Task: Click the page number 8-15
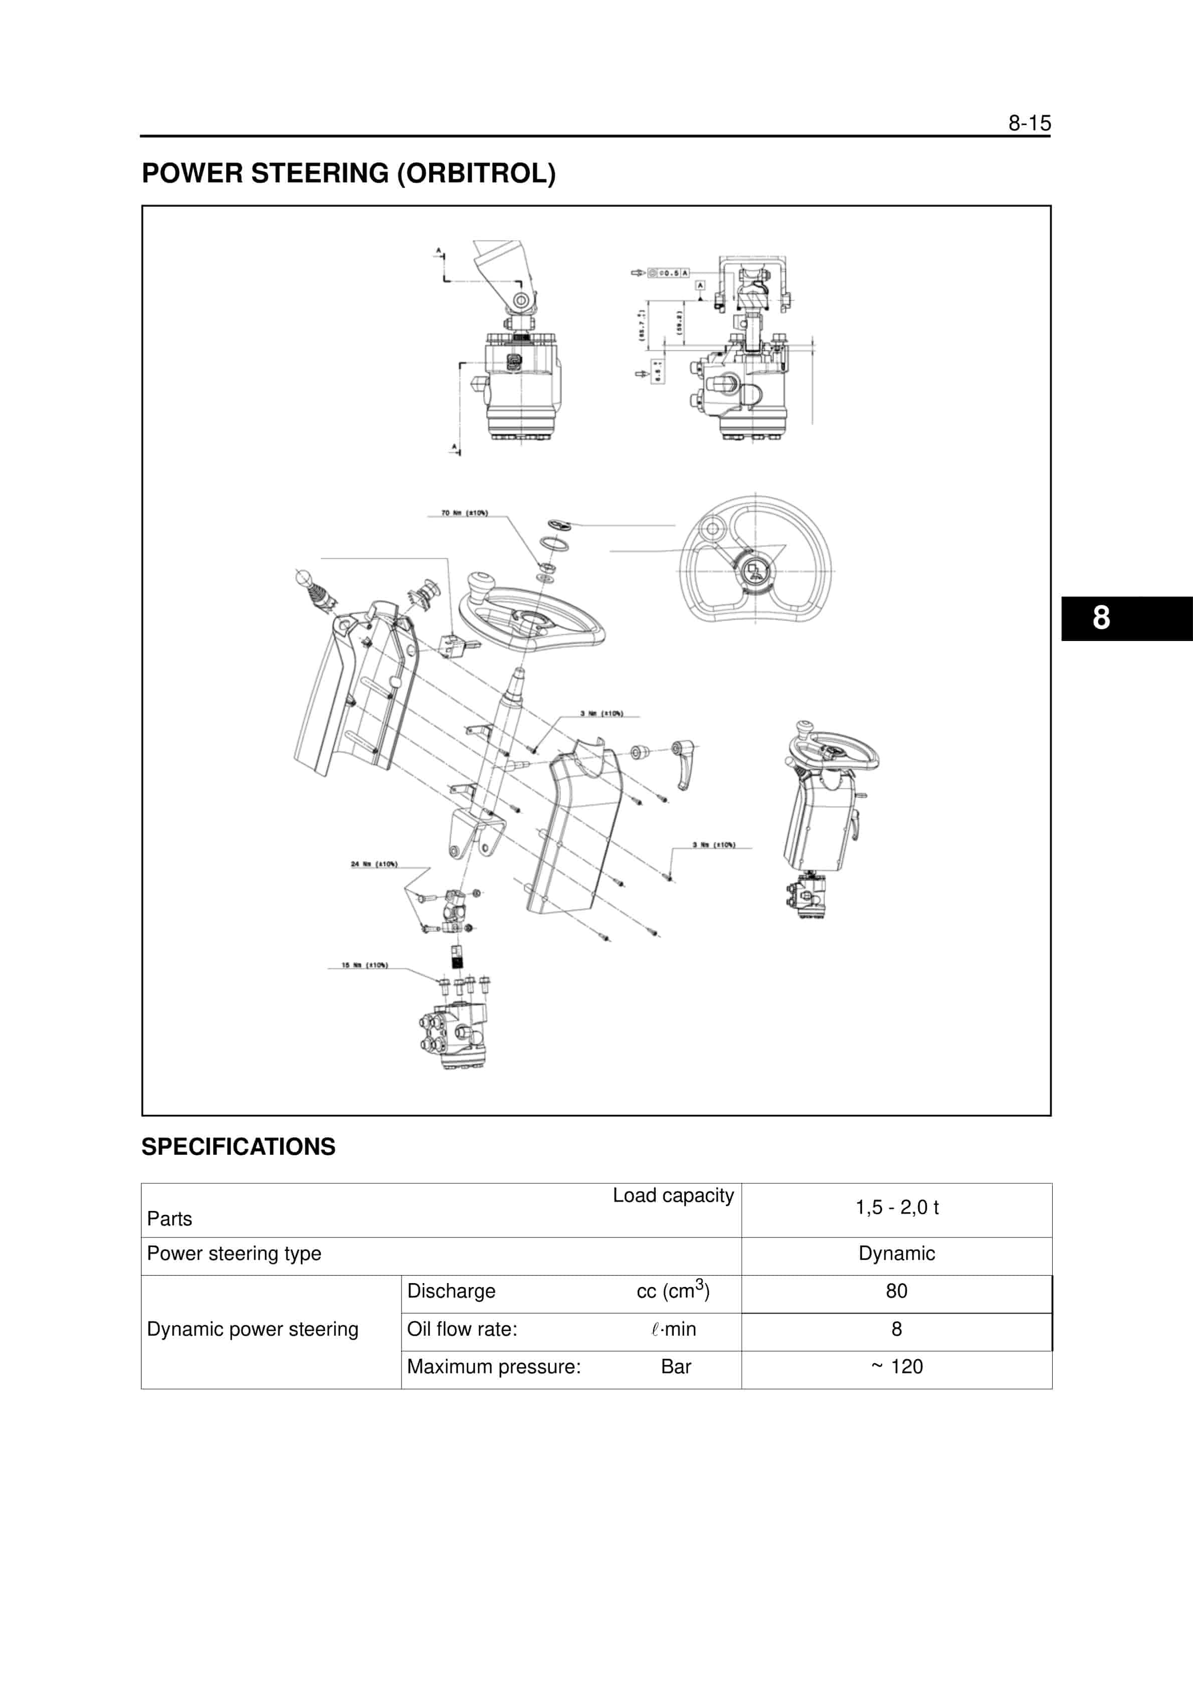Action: [1029, 123]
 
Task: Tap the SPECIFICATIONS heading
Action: [238, 1146]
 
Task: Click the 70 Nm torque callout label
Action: [464, 512]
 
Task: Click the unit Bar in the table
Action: [675, 1367]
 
